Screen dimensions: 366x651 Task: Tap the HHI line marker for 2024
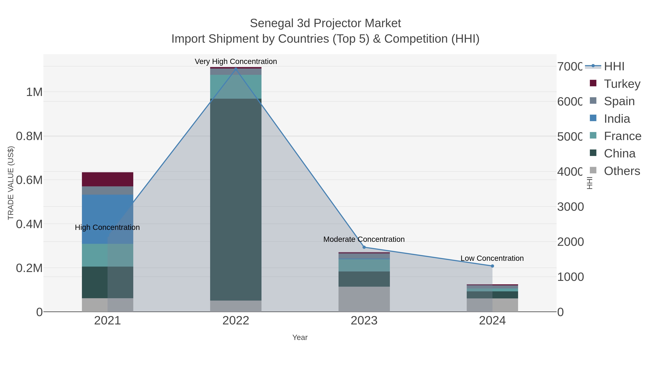click(492, 266)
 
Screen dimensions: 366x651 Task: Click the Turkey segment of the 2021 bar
click(107, 179)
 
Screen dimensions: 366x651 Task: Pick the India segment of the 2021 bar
click(107, 219)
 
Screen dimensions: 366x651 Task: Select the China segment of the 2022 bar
click(236, 200)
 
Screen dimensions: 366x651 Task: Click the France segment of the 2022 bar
click(236, 87)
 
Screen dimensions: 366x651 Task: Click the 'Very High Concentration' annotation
click(236, 61)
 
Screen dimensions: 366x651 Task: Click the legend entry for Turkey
click(622, 84)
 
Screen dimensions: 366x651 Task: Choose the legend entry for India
click(617, 119)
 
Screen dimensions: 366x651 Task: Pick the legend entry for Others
click(622, 171)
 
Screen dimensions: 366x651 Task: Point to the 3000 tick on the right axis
click(570, 207)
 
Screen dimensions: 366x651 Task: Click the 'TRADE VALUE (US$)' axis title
click(11, 183)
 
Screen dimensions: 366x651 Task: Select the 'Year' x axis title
click(300, 337)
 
